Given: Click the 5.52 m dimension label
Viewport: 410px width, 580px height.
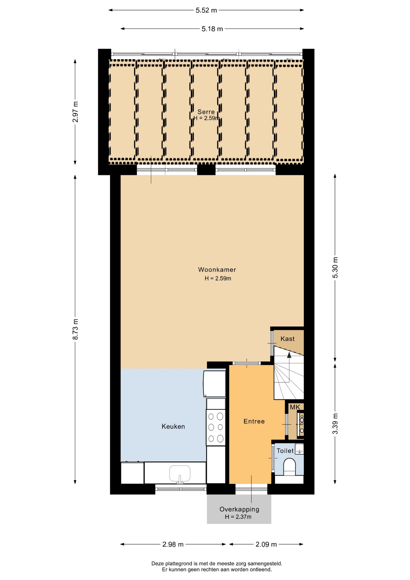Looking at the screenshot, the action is pyautogui.click(x=206, y=10).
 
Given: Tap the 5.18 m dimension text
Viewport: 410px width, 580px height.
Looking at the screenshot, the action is pyautogui.click(x=212, y=29).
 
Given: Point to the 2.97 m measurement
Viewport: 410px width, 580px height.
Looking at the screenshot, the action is pyautogui.click(x=75, y=112).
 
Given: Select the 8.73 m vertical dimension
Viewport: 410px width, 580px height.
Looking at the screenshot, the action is pyautogui.click(x=75, y=329).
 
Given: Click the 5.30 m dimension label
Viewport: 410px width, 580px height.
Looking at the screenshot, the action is pyautogui.click(x=335, y=268).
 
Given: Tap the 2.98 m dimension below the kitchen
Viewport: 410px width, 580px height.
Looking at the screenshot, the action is pyautogui.click(x=173, y=544).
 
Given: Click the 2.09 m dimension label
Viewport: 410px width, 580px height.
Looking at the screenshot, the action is pyautogui.click(x=266, y=544).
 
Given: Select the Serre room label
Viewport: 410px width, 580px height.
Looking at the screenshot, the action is pyautogui.click(x=206, y=112).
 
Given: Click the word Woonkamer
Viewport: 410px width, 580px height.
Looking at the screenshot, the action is pyautogui.click(x=217, y=269).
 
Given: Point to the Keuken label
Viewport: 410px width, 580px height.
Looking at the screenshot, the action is pyautogui.click(x=173, y=426).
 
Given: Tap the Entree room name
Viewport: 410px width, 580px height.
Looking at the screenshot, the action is pyautogui.click(x=254, y=421).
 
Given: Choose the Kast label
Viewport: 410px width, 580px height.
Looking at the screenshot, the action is pyautogui.click(x=287, y=339).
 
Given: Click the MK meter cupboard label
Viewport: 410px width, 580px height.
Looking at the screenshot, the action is pyautogui.click(x=295, y=407).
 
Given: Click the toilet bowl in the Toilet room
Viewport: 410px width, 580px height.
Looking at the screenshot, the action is pyautogui.click(x=290, y=467).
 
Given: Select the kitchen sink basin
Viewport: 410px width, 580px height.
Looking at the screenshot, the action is pyautogui.click(x=180, y=473).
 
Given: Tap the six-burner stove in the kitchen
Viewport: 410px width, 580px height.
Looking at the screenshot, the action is pyautogui.click(x=216, y=427).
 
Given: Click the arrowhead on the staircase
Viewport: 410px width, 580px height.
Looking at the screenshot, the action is pyautogui.click(x=289, y=355).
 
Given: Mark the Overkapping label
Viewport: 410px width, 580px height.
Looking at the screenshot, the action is pyautogui.click(x=239, y=509).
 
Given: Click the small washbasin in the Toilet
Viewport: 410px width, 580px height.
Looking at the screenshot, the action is pyautogui.click(x=299, y=449).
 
